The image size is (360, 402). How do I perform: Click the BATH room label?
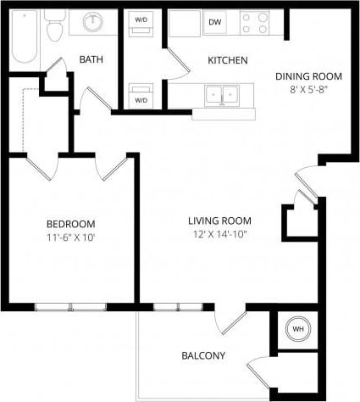click(91, 59)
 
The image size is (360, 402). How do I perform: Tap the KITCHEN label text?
click(228, 60)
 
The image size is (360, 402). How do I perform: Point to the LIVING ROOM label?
click(217, 221)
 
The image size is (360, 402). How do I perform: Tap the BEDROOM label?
click(71, 224)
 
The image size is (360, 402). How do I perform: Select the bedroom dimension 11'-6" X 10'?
click(71, 237)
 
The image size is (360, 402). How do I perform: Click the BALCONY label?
click(203, 355)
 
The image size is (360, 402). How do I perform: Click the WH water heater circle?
click(298, 329)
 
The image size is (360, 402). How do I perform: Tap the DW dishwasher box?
click(214, 23)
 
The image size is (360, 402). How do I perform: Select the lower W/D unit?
click(141, 95)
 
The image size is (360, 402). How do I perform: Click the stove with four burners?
click(252, 23)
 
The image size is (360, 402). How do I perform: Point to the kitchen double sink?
click(223, 95)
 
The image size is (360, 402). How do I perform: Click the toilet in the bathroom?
click(56, 30)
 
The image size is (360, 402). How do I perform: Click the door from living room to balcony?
click(227, 321)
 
